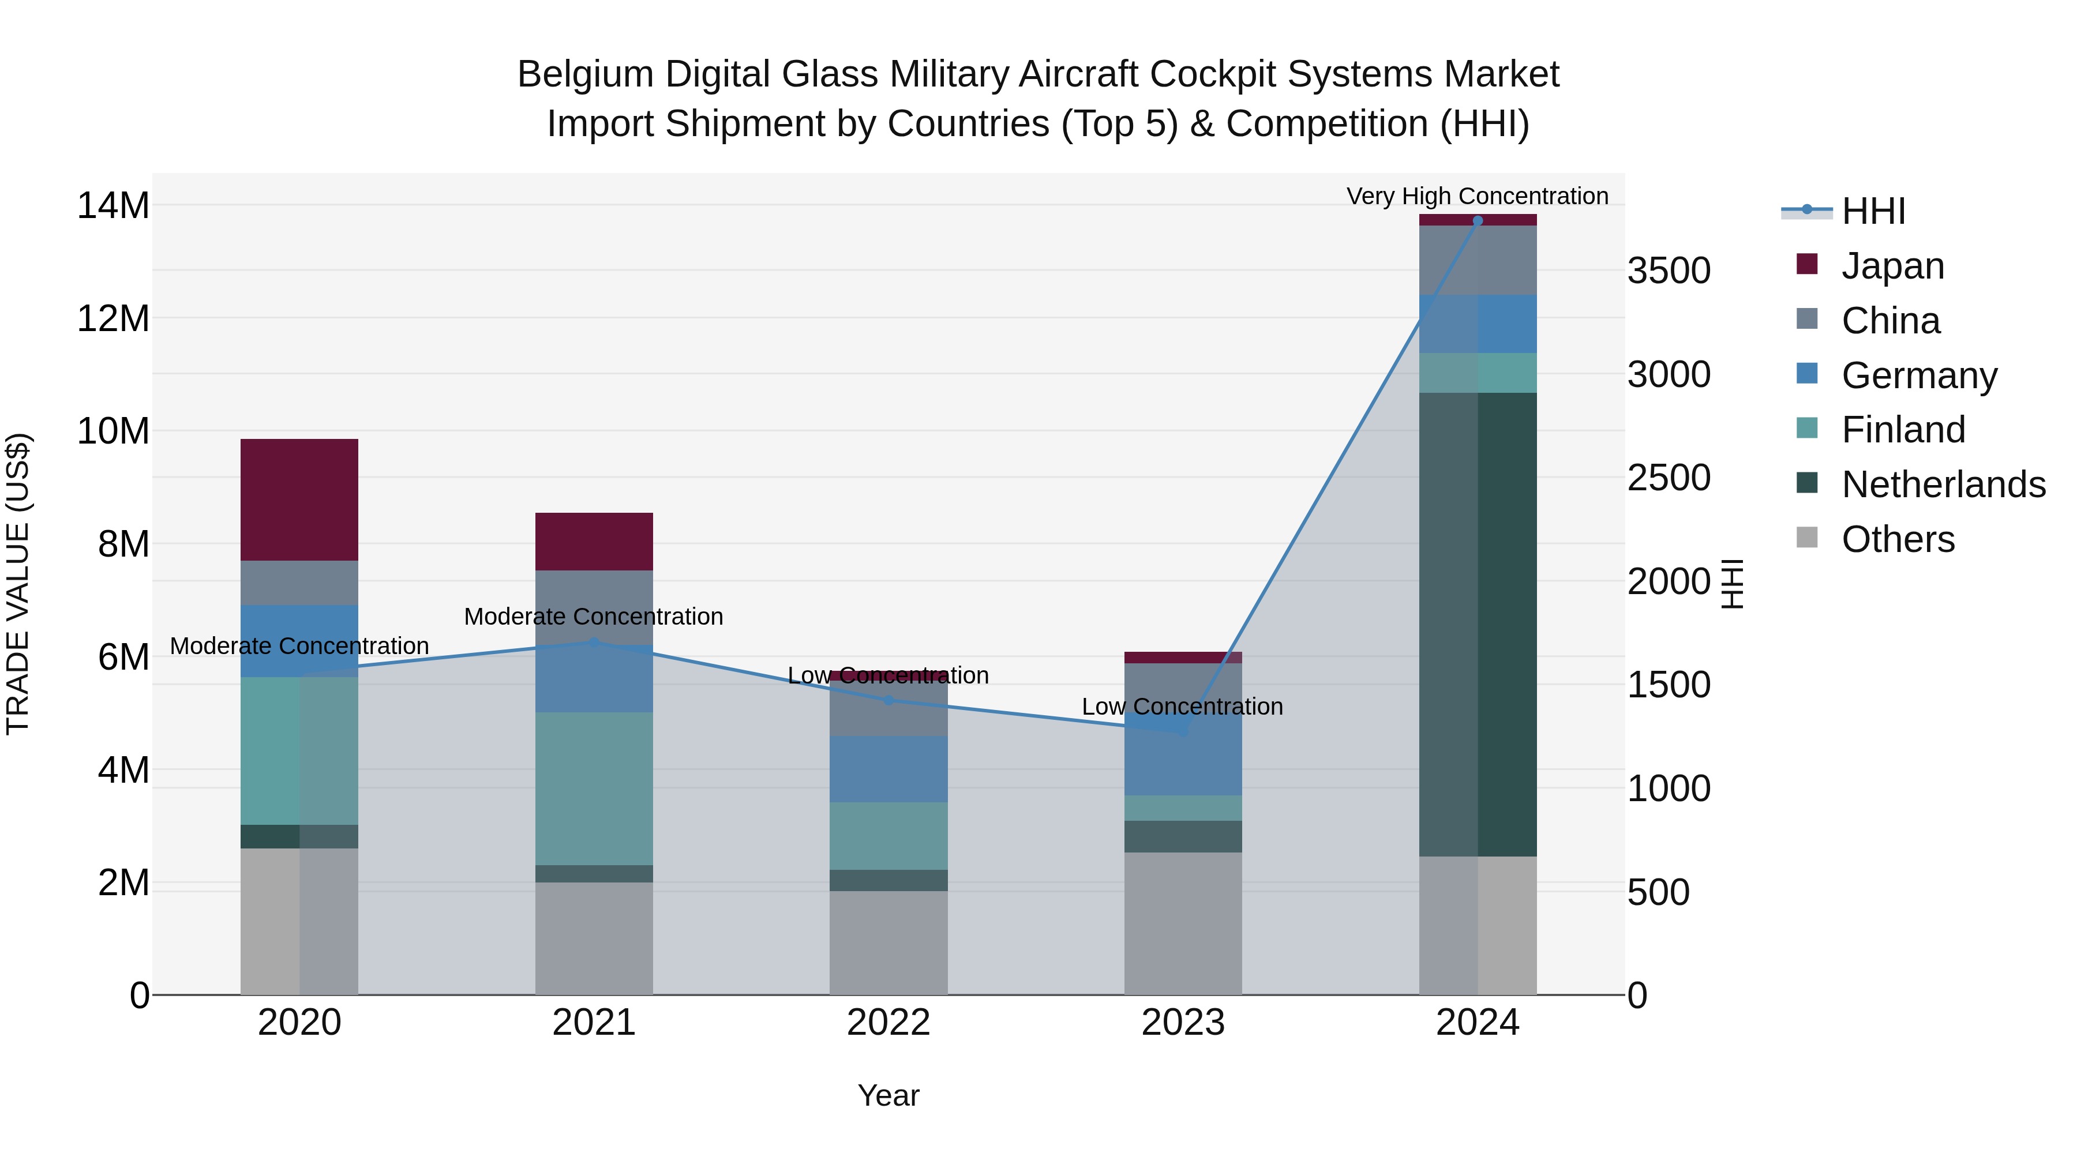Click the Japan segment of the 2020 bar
[299, 500]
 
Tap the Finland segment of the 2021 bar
[594, 788]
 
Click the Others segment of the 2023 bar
[1183, 924]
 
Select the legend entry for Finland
[1903, 430]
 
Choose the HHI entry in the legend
[1872, 211]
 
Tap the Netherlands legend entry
[1943, 485]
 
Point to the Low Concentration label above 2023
[1182, 707]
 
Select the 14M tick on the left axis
[113, 205]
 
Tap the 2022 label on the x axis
[888, 1023]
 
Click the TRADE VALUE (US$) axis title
[18, 584]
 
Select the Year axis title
[888, 1095]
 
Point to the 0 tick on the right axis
[1637, 996]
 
